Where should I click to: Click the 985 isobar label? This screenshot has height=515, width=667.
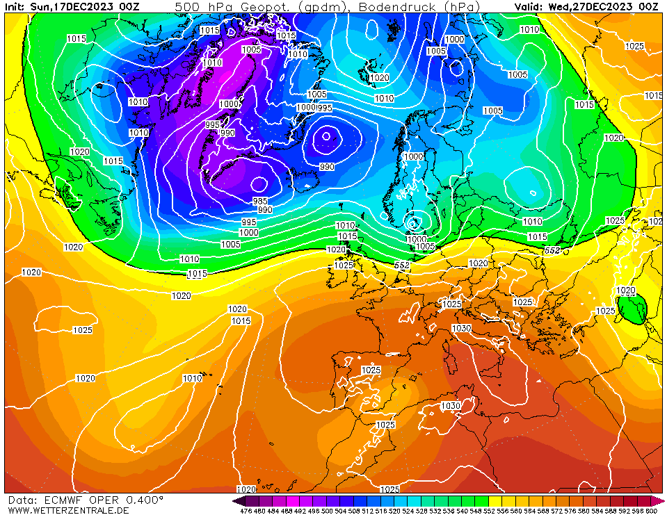coord(259,200)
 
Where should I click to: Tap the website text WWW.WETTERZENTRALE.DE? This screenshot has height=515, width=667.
coord(68,510)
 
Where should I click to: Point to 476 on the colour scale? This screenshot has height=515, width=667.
coord(246,511)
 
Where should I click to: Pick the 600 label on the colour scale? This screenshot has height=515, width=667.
coord(650,511)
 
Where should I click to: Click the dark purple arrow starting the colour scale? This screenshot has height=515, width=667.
coord(239,500)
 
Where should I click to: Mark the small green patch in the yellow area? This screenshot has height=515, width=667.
coord(634,310)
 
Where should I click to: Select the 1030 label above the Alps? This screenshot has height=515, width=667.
coord(461,328)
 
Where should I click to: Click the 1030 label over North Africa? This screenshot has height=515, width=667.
coord(450,405)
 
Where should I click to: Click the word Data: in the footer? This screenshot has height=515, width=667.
coord(22,500)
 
